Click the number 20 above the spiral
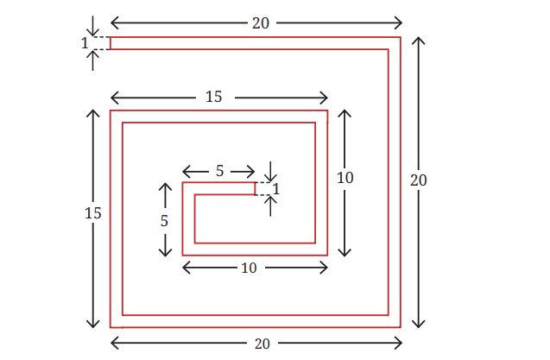click(x=261, y=23)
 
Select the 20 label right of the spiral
click(x=419, y=180)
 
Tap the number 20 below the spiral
click(x=262, y=344)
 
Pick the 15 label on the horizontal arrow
click(x=213, y=97)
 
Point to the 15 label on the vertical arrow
click(x=93, y=213)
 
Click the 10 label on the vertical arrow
click(x=345, y=178)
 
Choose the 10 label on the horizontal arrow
click(x=249, y=268)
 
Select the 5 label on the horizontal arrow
click(x=219, y=171)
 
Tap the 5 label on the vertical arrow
click(x=164, y=221)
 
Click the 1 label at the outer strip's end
click(x=85, y=43)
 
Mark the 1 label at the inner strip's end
click(x=276, y=189)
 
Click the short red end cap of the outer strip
click(x=111, y=43)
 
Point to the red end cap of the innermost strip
click(x=255, y=189)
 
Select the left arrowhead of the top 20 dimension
click(x=115, y=23)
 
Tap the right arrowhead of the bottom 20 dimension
click(x=398, y=343)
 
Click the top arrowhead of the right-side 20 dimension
click(x=419, y=41)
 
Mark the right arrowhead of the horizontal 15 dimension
click(x=324, y=98)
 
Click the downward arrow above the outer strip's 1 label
click(x=92, y=26)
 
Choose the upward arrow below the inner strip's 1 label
click(x=270, y=205)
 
